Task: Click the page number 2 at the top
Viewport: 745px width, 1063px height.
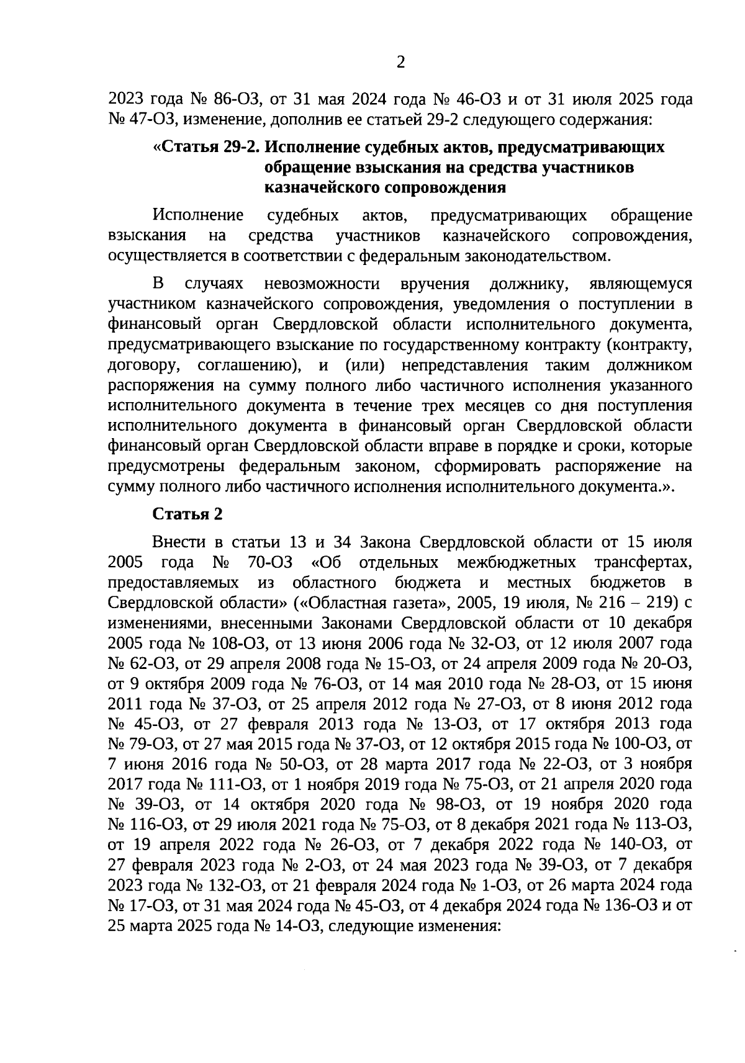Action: [400, 63]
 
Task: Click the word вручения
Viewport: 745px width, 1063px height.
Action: [435, 284]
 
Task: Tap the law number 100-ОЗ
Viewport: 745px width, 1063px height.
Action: [639, 743]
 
